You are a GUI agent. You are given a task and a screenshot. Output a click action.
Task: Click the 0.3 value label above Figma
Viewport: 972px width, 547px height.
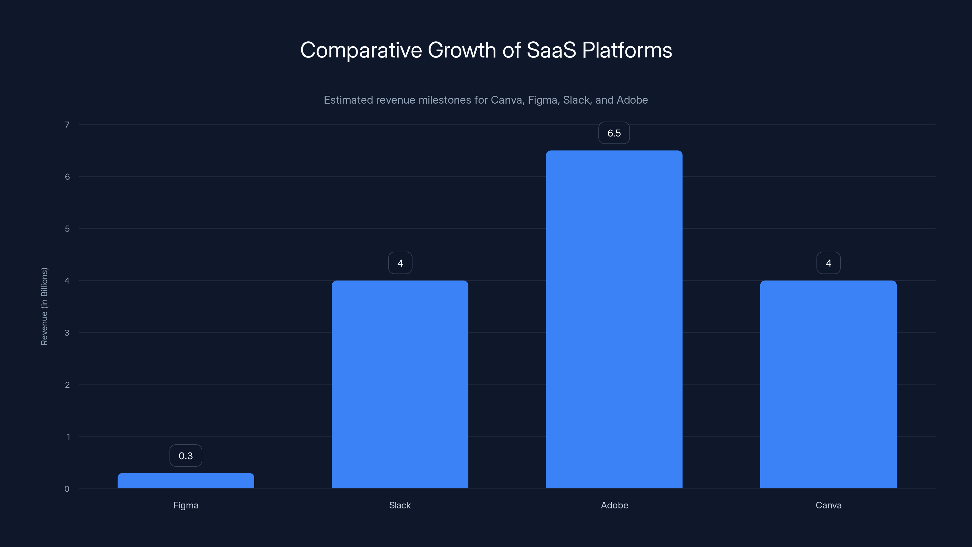[x=186, y=456]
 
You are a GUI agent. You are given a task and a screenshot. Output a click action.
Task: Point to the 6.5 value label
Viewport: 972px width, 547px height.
[x=614, y=133]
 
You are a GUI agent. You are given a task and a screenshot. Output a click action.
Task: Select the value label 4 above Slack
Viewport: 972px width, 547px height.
[x=400, y=263]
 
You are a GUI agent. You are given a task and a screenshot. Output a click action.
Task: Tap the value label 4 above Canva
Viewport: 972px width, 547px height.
[x=828, y=263]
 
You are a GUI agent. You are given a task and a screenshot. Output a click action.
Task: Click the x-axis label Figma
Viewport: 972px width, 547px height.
[x=186, y=505]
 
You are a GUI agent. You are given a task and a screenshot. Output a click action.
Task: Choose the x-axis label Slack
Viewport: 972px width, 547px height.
[x=400, y=505]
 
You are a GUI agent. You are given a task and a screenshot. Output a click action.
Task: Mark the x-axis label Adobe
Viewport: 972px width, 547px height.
[x=614, y=505]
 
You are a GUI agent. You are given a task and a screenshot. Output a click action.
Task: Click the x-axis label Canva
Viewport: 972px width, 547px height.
[x=828, y=505]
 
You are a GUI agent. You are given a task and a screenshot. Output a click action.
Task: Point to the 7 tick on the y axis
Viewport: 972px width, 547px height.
[x=67, y=125]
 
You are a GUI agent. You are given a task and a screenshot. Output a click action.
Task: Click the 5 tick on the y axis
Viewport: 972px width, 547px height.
[x=67, y=229]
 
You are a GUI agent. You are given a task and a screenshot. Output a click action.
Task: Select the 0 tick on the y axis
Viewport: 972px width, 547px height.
[x=67, y=489]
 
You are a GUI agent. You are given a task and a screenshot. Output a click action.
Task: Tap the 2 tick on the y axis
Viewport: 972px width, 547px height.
[x=67, y=385]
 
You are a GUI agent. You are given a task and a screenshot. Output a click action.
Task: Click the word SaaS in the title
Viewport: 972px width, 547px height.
[x=551, y=50]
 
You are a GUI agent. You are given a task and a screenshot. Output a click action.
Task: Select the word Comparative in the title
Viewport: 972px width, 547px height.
[x=361, y=50]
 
